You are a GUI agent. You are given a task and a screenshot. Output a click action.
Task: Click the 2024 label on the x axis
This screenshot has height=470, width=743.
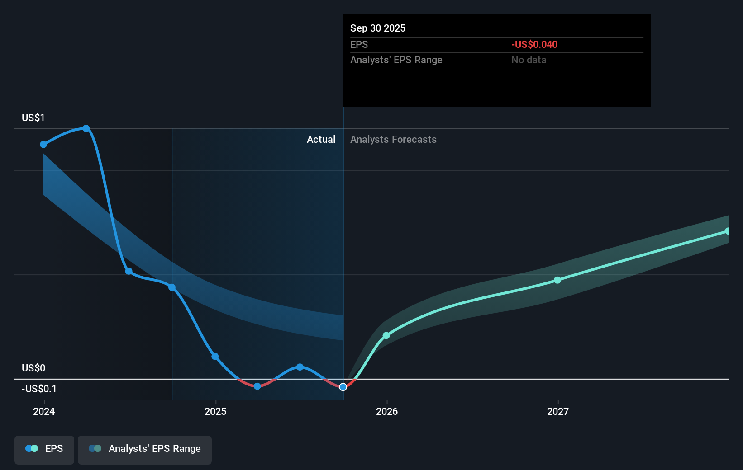(44, 411)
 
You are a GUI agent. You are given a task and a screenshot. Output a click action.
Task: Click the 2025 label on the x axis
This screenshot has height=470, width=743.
(215, 411)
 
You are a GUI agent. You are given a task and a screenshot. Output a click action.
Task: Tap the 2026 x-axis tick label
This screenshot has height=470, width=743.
(387, 411)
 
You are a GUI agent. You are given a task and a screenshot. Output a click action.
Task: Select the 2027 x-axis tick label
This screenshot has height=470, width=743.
(558, 411)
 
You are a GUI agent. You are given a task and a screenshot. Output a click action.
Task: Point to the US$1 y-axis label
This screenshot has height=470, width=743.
(33, 118)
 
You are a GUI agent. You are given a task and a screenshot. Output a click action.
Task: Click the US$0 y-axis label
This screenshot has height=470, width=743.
(33, 368)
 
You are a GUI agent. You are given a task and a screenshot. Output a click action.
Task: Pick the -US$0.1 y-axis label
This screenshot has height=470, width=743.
(39, 389)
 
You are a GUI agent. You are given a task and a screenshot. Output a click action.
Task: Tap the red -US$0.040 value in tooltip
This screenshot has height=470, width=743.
(534, 44)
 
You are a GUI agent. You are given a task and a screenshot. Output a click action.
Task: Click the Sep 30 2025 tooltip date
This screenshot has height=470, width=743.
(378, 28)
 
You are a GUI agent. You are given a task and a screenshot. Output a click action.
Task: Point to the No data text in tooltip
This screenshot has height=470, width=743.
(529, 60)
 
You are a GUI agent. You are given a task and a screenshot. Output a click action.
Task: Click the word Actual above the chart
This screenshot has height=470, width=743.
(321, 139)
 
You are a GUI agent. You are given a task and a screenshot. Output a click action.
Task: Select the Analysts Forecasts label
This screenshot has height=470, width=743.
(393, 139)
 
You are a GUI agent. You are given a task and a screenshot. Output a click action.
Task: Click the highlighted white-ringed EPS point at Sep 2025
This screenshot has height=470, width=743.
(343, 387)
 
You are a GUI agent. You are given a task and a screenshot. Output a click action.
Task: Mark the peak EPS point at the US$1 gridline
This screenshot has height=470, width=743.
(86, 128)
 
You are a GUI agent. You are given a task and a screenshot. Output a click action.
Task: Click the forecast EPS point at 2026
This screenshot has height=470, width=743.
(386, 335)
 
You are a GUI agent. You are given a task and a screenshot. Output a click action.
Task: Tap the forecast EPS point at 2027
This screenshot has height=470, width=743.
(557, 280)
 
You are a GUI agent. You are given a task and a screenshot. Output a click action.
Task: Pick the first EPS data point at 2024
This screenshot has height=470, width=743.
(43, 145)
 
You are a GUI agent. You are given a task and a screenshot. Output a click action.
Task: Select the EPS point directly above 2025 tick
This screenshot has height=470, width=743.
(215, 357)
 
